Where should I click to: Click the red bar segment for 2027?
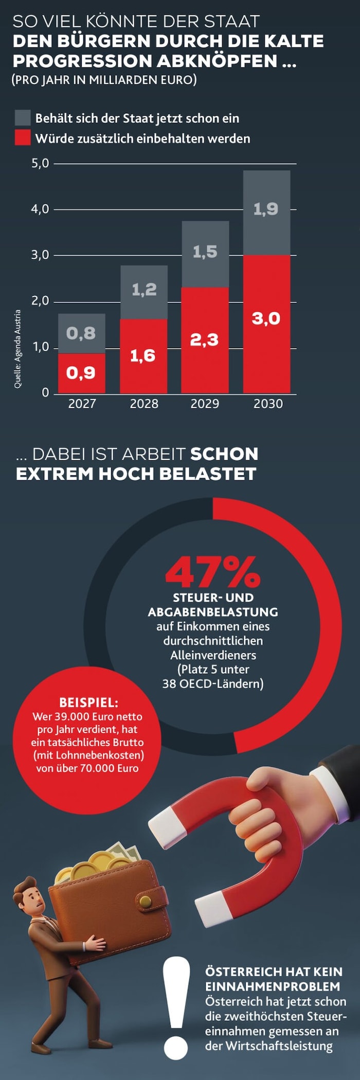pos(81,373)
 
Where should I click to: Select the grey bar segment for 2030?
pos(266,212)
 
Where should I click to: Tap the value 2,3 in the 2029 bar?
pos(204,340)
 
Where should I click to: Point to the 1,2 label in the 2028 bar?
pos(144,290)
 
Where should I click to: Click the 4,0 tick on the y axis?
pos(40,209)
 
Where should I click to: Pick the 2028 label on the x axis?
pos(143,404)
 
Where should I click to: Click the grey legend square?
pos(23,118)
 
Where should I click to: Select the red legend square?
pos(23,138)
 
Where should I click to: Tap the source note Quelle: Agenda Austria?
pos(18,349)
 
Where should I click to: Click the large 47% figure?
pos(212,572)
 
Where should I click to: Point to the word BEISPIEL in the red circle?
pos(88,703)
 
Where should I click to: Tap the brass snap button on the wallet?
pos(146,901)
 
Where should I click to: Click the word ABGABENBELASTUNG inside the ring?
pos(213,612)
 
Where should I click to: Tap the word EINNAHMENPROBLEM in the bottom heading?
pos(273,986)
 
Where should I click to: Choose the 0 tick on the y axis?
pos(45,393)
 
